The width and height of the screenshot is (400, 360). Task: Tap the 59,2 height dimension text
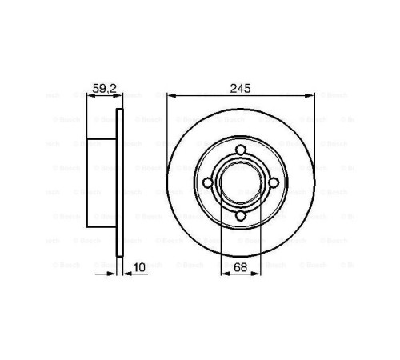103,88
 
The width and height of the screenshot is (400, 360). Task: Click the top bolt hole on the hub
239,150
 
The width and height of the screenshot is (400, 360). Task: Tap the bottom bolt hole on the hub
239,216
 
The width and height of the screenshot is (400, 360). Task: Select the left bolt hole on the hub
206,183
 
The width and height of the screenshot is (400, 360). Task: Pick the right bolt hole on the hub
273,183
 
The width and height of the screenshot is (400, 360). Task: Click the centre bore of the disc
239,183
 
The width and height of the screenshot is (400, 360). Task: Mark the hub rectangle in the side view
102,183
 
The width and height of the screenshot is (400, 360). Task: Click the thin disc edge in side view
120,183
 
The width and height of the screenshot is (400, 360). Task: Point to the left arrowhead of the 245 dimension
170,96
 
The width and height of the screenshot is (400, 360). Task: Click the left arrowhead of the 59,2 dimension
88,96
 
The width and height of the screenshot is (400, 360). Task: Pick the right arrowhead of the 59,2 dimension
119,96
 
